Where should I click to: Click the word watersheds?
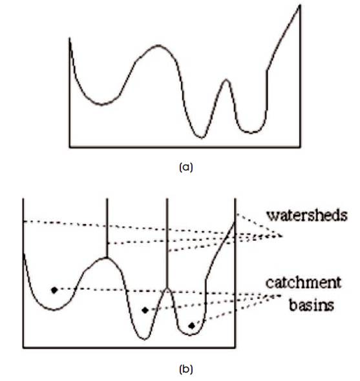(307, 216)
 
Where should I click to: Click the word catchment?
(303, 283)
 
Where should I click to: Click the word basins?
(312, 305)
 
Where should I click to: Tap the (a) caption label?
(186, 167)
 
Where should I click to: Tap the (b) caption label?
(186, 369)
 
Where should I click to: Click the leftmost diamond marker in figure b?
(54, 290)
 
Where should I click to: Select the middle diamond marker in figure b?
(145, 311)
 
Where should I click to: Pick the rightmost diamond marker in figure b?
(192, 326)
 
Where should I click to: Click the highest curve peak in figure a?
(158, 45)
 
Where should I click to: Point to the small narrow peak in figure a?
(226, 79)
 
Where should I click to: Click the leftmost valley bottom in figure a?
(101, 105)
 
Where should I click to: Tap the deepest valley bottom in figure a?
(202, 138)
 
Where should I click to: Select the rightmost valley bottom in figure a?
(251, 132)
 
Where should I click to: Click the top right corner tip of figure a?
(300, 5)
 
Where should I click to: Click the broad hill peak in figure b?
(107, 257)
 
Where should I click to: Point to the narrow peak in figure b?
(167, 288)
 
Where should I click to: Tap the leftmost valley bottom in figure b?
(54, 309)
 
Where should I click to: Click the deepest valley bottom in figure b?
(145, 339)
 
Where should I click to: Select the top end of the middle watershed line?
(167, 199)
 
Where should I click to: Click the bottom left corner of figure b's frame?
(23, 347)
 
